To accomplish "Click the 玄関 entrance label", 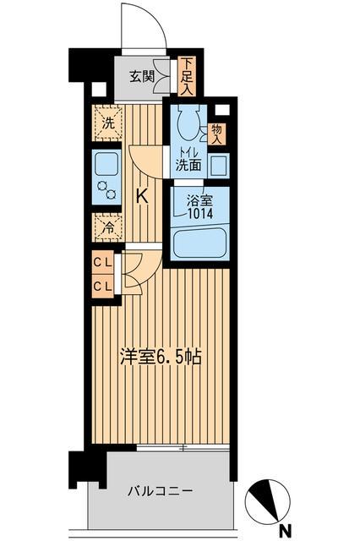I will point(141,76).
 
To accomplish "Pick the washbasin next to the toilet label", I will point(218,164).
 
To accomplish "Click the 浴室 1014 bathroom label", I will point(200,207).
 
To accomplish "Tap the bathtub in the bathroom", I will point(201,244).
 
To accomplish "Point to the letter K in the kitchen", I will point(142,196).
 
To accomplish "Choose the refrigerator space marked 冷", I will point(107,227).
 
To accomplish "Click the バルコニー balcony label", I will point(161,490).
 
